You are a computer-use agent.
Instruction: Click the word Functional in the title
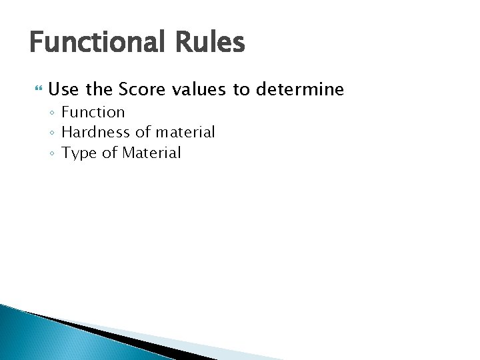point(93,43)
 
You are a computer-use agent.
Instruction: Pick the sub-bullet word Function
point(93,112)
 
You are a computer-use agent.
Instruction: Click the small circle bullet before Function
point(52,113)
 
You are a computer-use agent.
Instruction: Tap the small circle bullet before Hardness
point(52,133)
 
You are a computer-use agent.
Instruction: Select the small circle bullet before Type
point(52,154)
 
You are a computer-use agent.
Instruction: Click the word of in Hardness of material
point(143,132)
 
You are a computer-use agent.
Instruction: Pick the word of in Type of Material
point(108,153)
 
